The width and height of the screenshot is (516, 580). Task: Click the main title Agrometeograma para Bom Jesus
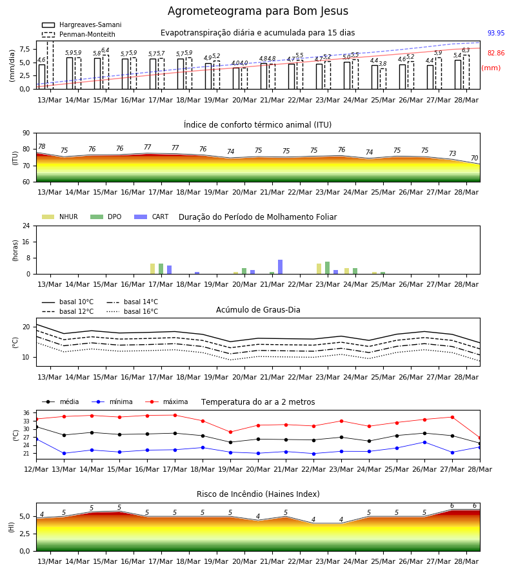click(x=257, y=11)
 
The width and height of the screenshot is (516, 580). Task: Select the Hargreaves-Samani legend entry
click(x=82, y=24)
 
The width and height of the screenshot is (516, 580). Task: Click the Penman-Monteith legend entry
click(x=79, y=34)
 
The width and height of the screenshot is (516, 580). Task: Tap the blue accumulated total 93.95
click(x=496, y=33)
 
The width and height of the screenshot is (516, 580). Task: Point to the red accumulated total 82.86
click(x=496, y=53)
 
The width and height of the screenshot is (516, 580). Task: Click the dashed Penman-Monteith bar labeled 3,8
click(x=383, y=79)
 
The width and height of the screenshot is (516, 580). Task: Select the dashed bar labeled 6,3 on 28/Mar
click(x=466, y=72)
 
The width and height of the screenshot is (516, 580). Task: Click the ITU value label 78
click(x=42, y=146)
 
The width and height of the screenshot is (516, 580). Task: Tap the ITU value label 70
click(x=474, y=158)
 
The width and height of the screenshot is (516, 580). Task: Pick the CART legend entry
click(x=152, y=217)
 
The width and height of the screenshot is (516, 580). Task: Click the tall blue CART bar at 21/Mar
click(x=280, y=267)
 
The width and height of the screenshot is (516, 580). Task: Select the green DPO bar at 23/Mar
click(x=327, y=268)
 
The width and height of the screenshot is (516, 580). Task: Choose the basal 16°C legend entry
click(x=132, y=311)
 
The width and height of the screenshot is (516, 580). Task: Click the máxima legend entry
click(x=166, y=401)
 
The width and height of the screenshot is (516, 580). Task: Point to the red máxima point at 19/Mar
click(x=231, y=432)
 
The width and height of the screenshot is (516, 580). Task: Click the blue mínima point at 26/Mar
click(x=424, y=442)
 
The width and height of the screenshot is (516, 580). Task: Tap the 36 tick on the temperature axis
click(x=26, y=413)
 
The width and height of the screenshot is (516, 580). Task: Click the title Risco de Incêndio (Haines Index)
click(x=258, y=494)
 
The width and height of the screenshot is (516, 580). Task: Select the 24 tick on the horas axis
click(x=26, y=226)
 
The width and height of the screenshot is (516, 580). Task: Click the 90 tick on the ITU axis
click(x=26, y=133)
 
